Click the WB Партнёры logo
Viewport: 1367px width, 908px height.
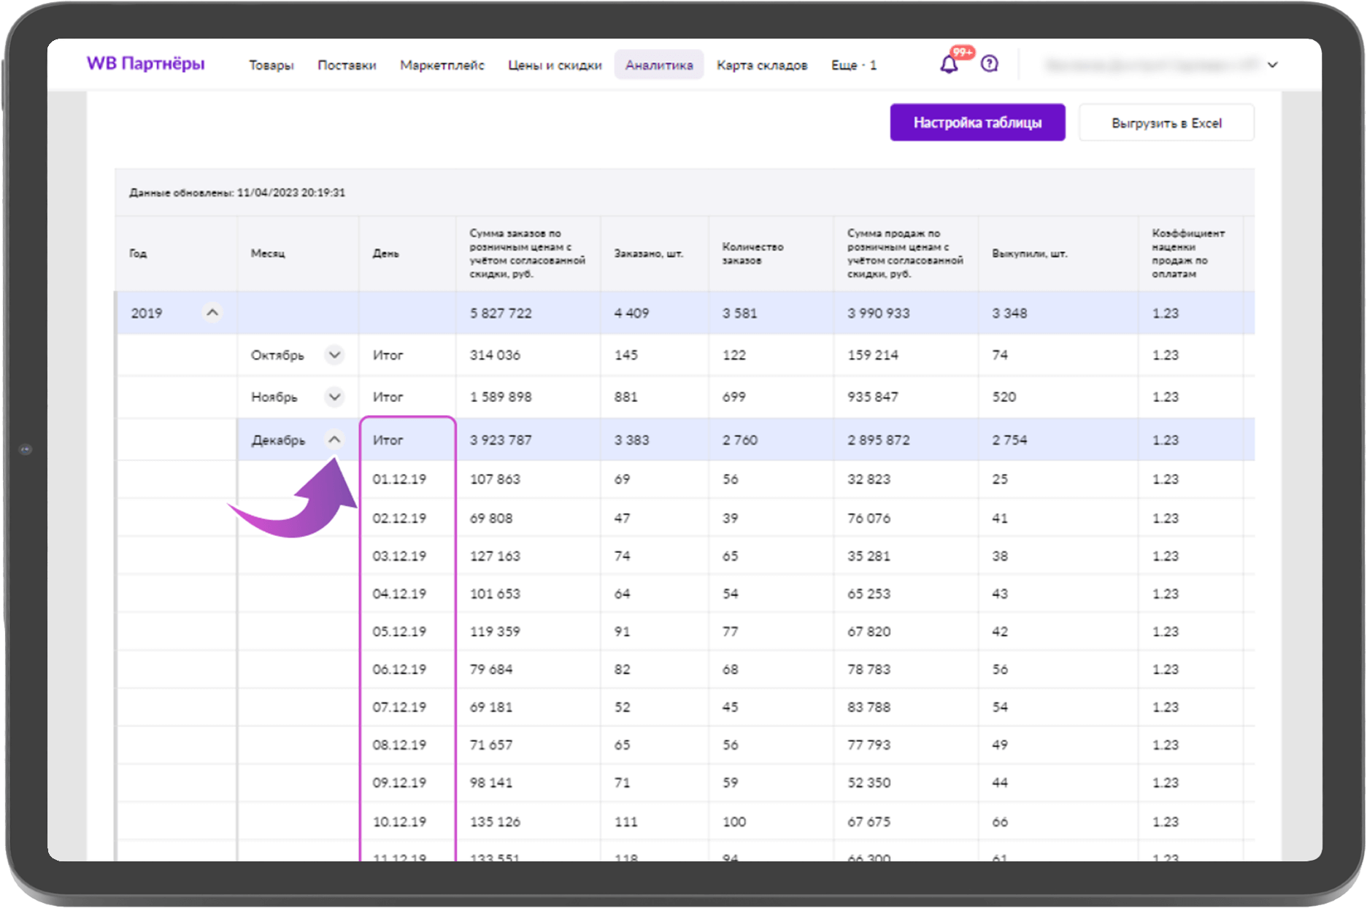(x=145, y=64)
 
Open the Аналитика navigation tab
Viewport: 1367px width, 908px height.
(x=658, y=65)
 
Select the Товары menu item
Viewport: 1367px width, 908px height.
(x=271, y=65)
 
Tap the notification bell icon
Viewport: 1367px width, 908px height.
(x=948, y=64)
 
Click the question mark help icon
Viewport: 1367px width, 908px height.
(x=989, y=64)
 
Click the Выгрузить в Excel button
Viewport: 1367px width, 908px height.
(x=1166, y=123)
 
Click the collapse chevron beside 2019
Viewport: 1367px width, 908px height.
(x=212, y=313)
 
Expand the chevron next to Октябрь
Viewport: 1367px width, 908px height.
(x=334, y=355)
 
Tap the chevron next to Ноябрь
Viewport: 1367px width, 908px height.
(x=334, y=397)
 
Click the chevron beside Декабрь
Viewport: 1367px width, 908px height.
(x=334, y=440)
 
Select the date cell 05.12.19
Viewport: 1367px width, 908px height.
(x=399, y=632)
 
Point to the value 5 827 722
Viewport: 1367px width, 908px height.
(x=501, y=314)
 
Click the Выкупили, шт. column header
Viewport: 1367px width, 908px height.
(x=1029, y=254)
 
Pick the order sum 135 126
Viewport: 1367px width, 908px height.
(x=495, y=822)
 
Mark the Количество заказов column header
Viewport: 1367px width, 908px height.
(x=752, y=254)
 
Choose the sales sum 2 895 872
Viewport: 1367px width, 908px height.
(x=878, y=441)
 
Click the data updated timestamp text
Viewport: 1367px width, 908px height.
(x=237, y=193)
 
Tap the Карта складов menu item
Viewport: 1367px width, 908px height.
(x=761, y=65)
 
